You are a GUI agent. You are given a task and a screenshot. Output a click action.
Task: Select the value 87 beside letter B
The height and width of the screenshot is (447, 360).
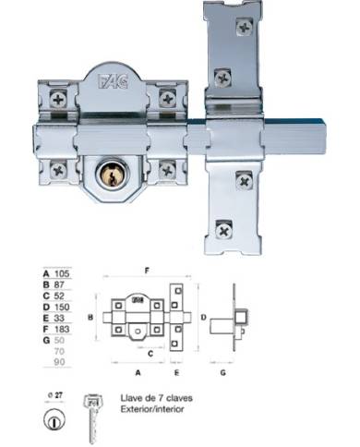(x=62, y=285)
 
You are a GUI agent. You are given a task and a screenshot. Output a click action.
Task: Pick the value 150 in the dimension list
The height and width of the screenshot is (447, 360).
(x=64, y=308)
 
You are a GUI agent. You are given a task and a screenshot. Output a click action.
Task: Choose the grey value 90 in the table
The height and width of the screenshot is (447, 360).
(x=62, y=363)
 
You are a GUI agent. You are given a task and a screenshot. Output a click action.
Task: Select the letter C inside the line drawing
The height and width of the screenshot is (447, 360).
(x=150, y=355)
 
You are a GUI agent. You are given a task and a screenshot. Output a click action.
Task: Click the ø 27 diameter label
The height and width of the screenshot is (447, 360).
(x=54, y=393)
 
